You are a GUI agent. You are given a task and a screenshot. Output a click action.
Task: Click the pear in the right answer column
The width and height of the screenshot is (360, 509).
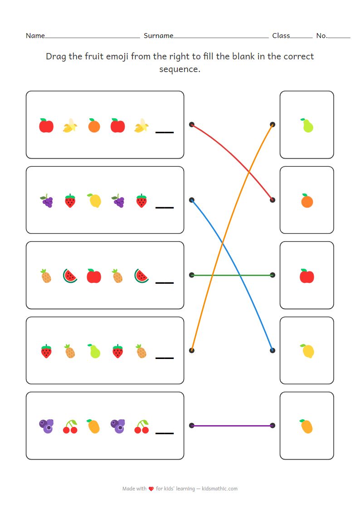coord(307,126)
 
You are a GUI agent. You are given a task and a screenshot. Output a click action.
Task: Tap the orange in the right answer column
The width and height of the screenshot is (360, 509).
coord(307,200)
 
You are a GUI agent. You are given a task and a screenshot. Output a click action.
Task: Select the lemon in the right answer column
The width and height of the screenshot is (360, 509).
coord(307,351)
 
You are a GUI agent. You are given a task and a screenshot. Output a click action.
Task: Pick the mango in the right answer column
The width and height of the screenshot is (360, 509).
coord(307,426)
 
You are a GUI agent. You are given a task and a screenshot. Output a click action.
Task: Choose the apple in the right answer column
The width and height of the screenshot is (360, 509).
coord(307,276)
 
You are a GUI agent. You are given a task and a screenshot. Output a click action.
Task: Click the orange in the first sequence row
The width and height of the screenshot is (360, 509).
coord(94,126)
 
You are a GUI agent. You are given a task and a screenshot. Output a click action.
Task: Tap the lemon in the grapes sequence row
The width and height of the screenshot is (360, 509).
coord(94,200)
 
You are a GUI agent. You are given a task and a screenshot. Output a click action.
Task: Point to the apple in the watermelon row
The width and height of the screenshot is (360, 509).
coord(94,276)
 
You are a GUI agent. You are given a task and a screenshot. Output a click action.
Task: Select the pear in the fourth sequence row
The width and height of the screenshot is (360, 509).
coord(94,351)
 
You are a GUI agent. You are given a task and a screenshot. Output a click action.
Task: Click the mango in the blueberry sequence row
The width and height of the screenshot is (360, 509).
coord(93,426)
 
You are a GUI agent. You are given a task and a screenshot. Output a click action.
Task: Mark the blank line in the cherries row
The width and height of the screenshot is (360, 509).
coord(165,433)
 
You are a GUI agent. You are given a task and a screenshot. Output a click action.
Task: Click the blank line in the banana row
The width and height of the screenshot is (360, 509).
coord(165,132)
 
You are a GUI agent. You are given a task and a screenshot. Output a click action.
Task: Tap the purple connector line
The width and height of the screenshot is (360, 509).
coord(232,426)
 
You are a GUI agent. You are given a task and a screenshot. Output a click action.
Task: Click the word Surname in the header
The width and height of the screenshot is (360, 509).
coord(158,36)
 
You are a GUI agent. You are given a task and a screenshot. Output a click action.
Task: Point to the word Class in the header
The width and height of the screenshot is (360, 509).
coord(281,36)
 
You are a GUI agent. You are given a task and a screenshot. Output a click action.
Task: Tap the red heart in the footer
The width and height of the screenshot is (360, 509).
coord(151,489)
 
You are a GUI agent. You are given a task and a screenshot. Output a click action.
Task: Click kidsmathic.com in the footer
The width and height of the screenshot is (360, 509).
coord(219,489)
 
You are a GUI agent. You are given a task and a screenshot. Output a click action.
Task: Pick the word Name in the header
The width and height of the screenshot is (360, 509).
coord(35,36)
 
